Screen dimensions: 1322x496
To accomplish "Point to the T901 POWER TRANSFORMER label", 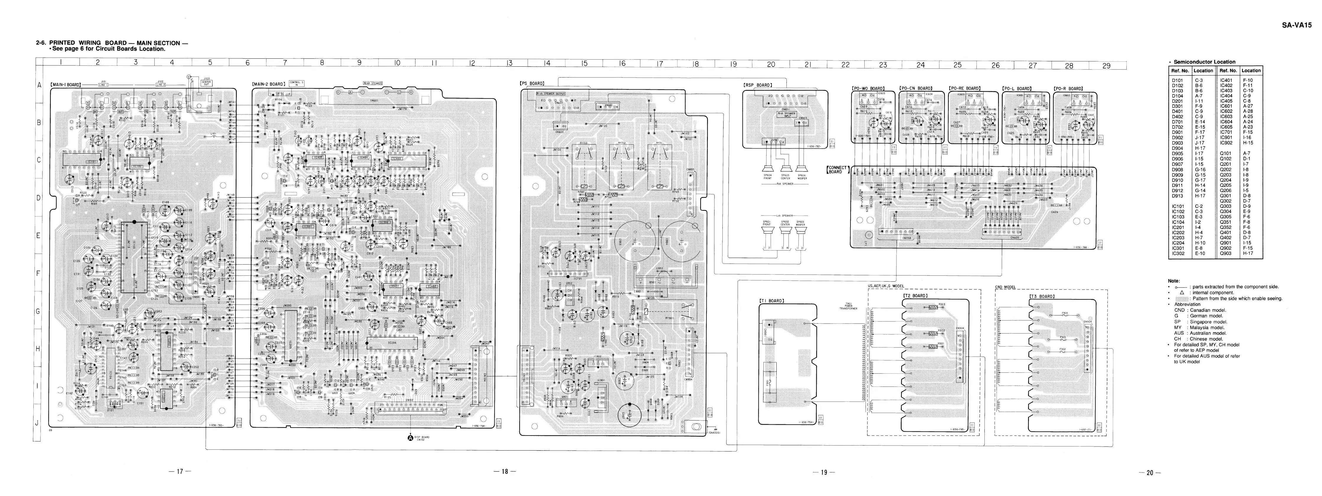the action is (x=848, y=306).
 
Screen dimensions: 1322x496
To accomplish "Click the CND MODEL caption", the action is (x=1005, y=287).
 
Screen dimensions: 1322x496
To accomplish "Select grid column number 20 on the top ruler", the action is (x=771, y=65).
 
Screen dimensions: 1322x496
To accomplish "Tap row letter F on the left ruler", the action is (x=37, y=273).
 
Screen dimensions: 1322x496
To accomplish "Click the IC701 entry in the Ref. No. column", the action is (x=1226, y=132).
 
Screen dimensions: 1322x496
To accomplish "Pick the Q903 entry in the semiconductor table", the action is (x=1226, y=253).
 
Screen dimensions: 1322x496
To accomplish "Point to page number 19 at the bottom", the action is (x=824, y=472).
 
